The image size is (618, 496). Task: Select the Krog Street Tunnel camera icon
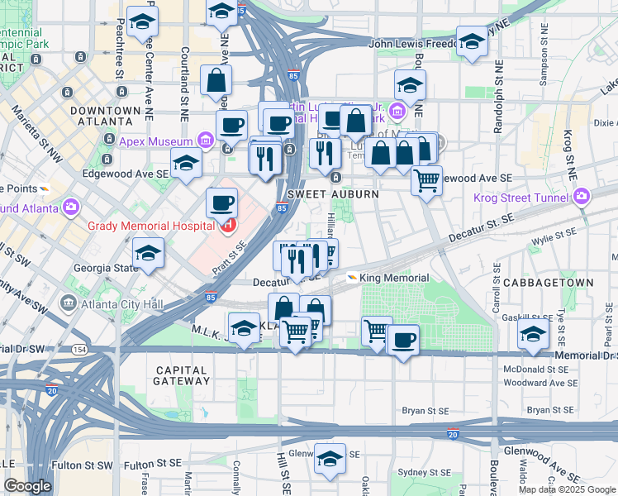click(582, 197)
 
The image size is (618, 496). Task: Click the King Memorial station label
click(394, 279)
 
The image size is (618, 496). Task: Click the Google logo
click(28, 486)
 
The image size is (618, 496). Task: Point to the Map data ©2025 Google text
click(567, 489)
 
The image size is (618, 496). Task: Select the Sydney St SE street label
click(424, 473)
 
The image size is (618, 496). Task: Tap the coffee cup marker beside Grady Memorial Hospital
click(221, 202)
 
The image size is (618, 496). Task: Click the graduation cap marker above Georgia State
click(148, 252)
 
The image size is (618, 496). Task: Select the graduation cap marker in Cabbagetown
click(533, 334)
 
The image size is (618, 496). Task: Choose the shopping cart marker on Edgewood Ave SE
click(426, 179)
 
